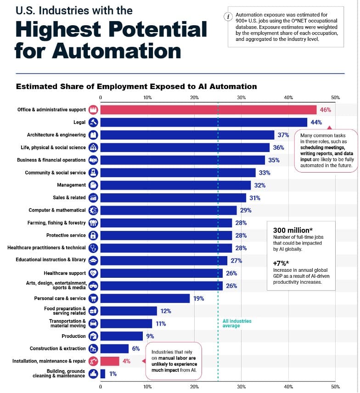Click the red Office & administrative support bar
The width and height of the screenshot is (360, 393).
tap(208, 110)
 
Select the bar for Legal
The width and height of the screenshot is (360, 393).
tap(203, 122)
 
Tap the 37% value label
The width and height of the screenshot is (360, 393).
tap(283, 135)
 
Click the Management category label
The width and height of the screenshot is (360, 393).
tap(71, 185)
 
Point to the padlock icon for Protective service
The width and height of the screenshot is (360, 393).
tap(93, 236)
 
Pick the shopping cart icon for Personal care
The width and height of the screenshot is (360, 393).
tap(93, 298)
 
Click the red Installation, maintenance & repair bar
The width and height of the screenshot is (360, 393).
tap(109, 361)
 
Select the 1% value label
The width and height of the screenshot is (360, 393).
tap(113, 374)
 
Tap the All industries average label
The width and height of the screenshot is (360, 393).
tap(237, 323)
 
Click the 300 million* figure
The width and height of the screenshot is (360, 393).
tap(292, 230)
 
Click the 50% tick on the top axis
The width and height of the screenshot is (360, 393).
tap(335, 97)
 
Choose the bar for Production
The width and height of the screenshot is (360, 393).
tap(121, 336)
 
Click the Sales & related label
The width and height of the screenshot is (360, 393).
tap(69, 198)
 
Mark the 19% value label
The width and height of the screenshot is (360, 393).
tap(198, 298)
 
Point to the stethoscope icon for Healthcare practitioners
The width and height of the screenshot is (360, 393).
tap(93, 248)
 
